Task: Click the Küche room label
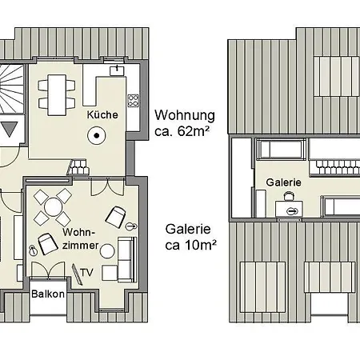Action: [102, 115]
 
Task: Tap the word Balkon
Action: [48, 294]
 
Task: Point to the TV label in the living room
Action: [87, 273]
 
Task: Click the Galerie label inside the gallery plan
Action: [283, 182]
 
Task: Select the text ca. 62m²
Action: [182, 131]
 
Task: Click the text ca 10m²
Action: [190, 246]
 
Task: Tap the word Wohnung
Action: [185, 115]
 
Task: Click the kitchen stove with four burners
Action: [134, 101]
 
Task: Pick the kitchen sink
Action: [118, 70]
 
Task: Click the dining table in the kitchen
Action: [57, 95]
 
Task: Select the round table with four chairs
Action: [53, 207]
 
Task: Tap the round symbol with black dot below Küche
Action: [97, 135]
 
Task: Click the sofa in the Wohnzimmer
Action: [127, 259]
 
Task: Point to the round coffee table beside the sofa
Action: [107, 251]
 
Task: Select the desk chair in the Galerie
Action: [288, 196]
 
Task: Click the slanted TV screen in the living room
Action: [77, 274]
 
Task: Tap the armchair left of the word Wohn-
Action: [48, 244]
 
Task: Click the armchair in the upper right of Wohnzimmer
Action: [115, 218]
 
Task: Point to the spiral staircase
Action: [11, 89]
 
